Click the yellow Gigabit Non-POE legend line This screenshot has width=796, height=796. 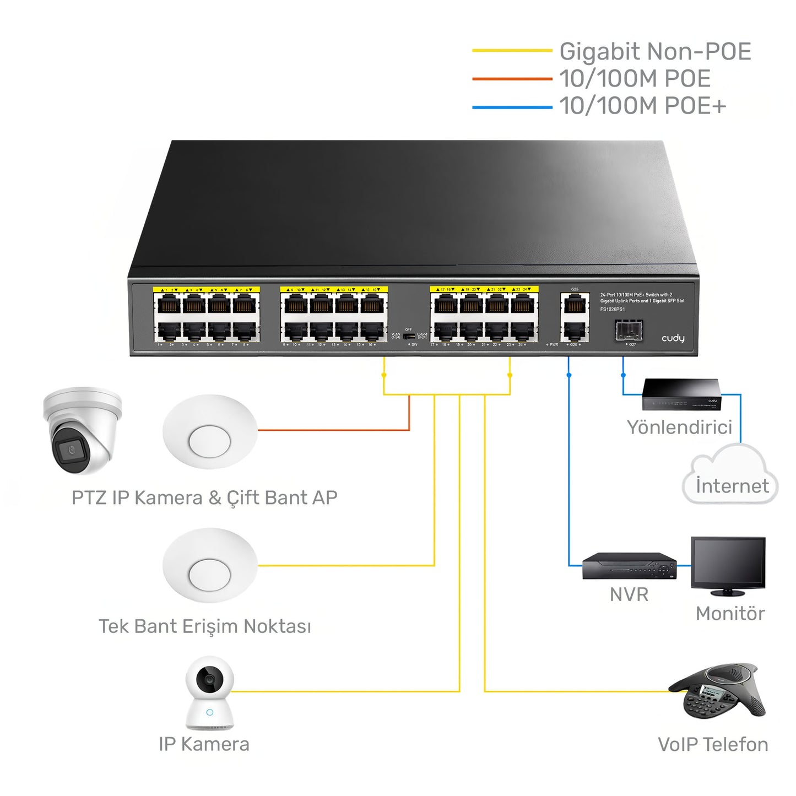coord(512,51)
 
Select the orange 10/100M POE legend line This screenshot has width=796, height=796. coord(512,79)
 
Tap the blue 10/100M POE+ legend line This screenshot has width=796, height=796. coord(512,107)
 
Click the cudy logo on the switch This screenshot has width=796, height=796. coord(673,338)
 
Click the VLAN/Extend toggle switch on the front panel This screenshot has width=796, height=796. coord(409,335)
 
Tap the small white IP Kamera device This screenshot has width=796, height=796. coord(209,694)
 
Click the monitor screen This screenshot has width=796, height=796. coord(728,563)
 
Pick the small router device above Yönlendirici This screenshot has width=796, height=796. coord(681,394)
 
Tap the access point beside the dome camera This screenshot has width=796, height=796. coord(210,432)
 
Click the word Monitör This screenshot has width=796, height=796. coord(730,614)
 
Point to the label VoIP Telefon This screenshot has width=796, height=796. coord(713,745)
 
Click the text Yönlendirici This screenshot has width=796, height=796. coord(679,427)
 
